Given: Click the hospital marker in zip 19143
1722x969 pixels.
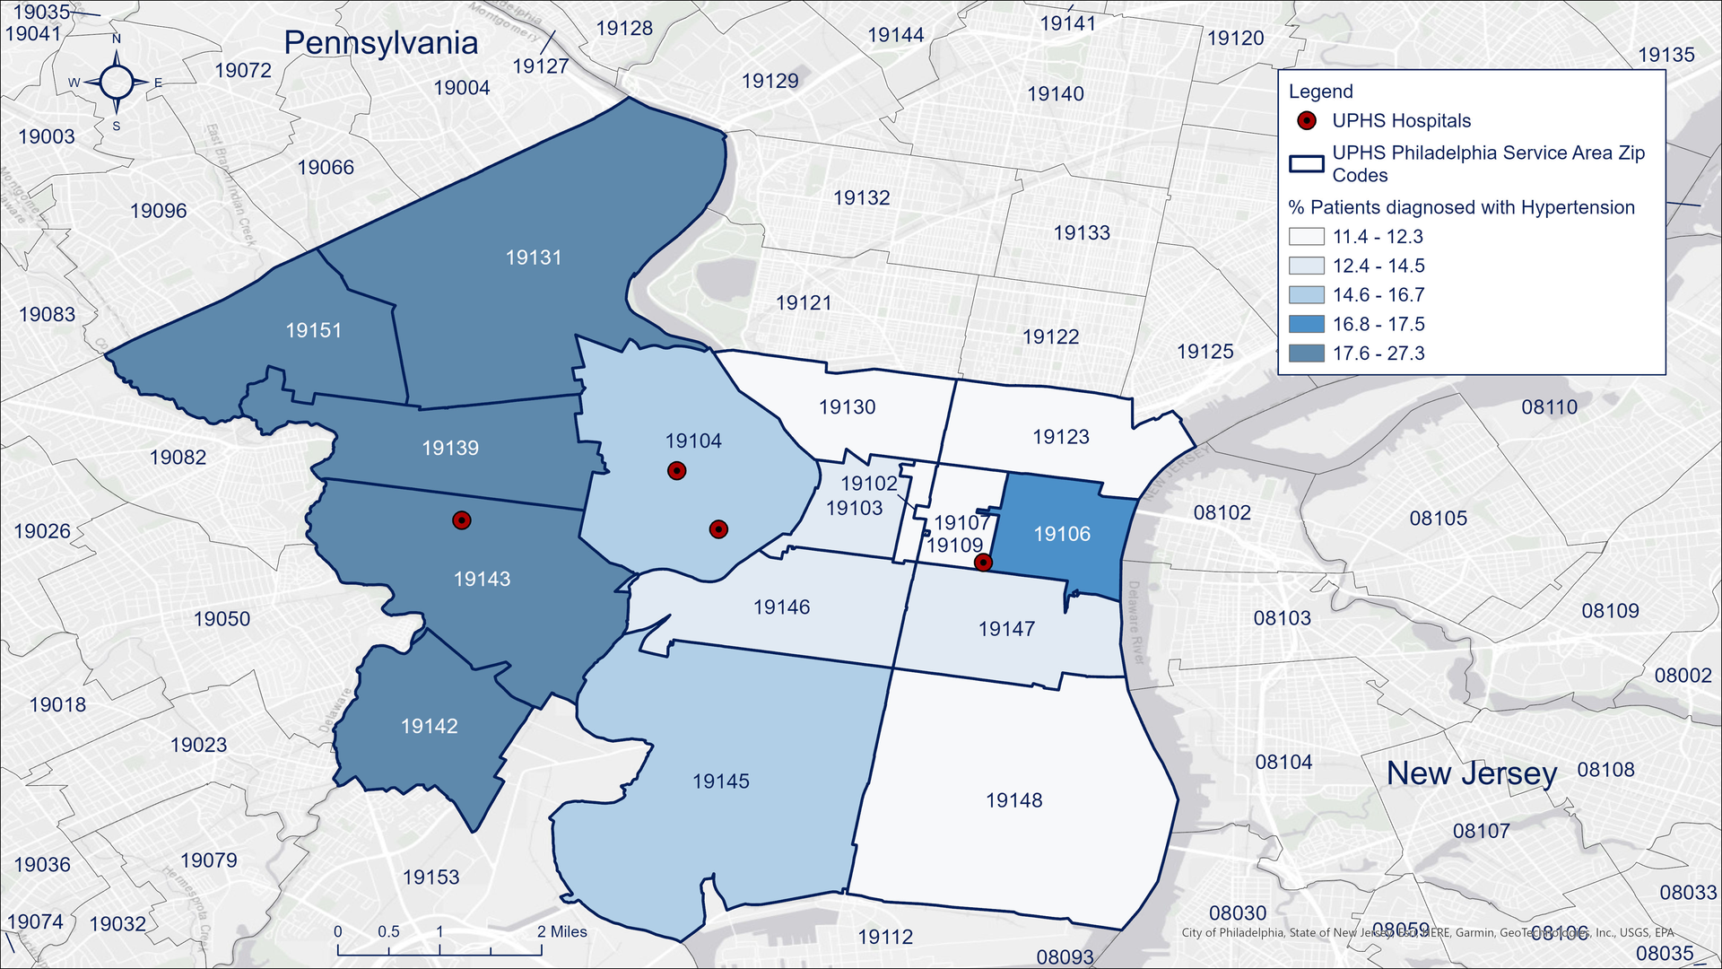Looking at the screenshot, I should click(461, 520).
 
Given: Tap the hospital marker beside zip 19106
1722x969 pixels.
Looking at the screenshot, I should click(983, 563).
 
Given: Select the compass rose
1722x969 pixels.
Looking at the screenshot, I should click(117, 83).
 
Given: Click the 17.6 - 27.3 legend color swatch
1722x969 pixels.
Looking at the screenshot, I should click(1306, 354).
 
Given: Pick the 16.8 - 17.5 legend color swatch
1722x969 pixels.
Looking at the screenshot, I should click(1306, 324).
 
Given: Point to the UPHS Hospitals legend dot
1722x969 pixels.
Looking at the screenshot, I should click(1307, 121).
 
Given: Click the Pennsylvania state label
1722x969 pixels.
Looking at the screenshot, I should click(380, 43).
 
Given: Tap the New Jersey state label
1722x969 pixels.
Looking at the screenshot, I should click(1471, 773).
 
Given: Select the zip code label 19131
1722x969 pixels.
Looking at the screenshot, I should click(533, 258).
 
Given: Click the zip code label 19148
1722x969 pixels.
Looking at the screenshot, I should click(1013, 800).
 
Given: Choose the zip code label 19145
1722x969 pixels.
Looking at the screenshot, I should click(720, 781).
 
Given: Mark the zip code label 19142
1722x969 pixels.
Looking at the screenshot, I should click(429, 726).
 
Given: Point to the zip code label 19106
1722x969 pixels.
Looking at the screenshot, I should click(1062, 534).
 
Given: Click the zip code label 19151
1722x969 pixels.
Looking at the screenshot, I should click(313, 330).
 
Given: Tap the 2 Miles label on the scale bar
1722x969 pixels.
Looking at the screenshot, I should click(561, 931).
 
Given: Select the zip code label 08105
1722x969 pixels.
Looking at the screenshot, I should click(1438, 519).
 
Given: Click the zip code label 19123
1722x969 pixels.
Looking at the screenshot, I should click(1060, 437).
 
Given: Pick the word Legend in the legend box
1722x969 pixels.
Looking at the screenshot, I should click(1320, 92).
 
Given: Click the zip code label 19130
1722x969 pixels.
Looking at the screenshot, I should click(847, 407).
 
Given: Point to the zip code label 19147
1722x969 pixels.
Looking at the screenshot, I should click(1006, 629).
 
